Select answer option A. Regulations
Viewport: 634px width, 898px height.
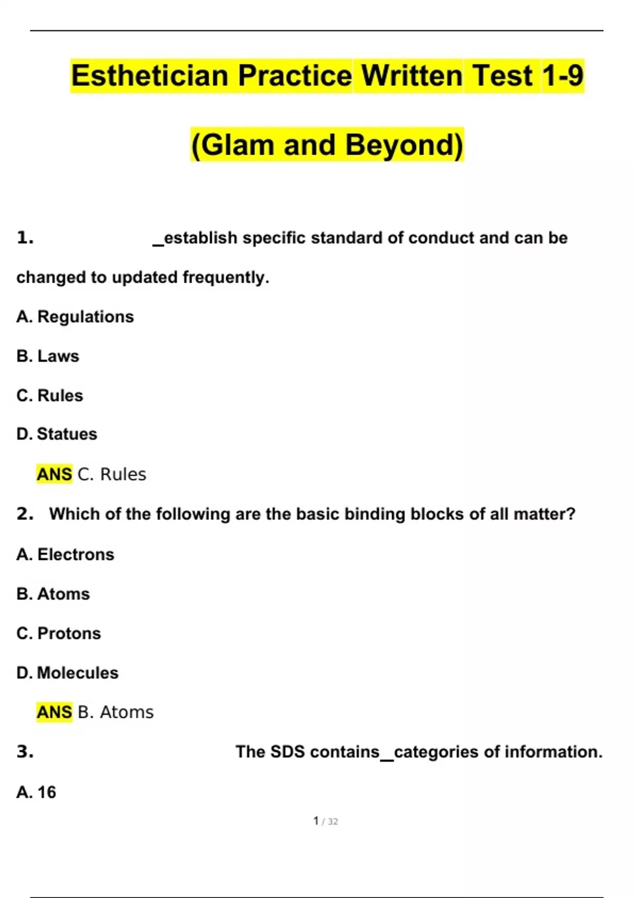[75, 317]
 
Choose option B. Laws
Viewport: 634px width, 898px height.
[48, 356]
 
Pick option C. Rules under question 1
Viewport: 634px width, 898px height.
[50, 395]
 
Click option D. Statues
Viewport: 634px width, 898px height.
[57, 434]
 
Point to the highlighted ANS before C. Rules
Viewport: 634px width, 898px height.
[54, 474]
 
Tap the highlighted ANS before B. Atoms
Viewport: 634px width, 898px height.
[54, 712]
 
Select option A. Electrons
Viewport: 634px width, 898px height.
[66, 555]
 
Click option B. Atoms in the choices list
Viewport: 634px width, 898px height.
[53, 594]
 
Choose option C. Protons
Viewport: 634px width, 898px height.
[59, 633]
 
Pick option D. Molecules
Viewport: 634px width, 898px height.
[68, 673]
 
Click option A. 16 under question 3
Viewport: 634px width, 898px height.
[36, 792]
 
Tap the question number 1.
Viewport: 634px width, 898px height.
[25, 238]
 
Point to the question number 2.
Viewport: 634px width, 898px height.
[25, 514]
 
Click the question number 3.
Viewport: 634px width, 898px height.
[25, 752]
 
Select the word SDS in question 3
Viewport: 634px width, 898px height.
[287, 752]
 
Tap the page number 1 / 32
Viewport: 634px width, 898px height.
[325, 821]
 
